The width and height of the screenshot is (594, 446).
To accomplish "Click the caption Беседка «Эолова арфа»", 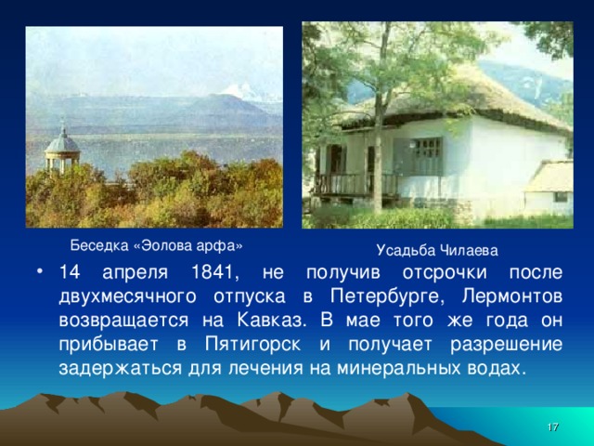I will [x=157, y=245].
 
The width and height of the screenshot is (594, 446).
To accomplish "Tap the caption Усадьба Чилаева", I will [x=437, y=250].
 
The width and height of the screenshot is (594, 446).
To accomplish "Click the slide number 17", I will [x=553, y=426].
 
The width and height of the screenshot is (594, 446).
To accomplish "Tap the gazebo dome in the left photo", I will [x=61, y=141].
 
